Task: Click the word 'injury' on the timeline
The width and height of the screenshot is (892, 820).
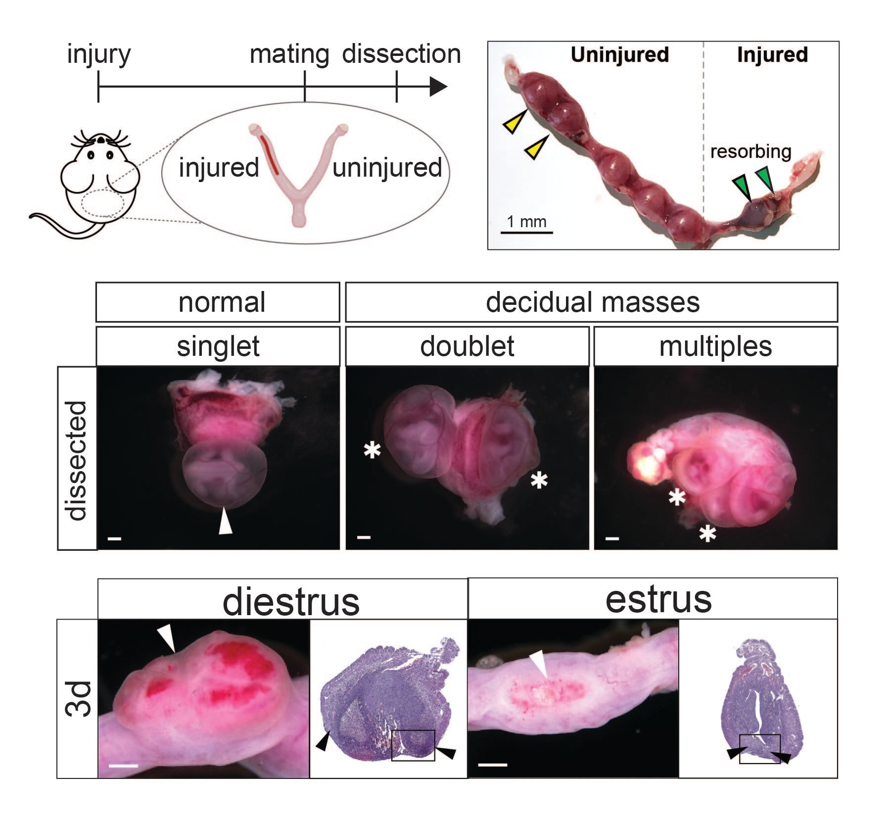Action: (98, 54)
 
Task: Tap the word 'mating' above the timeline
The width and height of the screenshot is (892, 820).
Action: (289, 54)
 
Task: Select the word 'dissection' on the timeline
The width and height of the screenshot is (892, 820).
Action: (401, 54)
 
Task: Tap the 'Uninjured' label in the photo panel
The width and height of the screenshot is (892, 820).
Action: (619, 54)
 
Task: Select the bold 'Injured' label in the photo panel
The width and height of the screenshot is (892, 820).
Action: (772, 54)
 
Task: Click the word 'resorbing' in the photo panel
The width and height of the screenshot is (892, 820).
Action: (751, 151)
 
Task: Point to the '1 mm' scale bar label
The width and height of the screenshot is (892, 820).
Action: (526, 221)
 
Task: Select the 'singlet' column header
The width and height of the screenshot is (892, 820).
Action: (218, 346)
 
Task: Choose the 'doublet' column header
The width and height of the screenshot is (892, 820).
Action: (467, 346)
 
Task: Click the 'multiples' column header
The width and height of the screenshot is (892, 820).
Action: (715, 346)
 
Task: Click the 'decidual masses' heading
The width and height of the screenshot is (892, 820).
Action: (592, 302)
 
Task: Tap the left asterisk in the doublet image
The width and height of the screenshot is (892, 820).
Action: (372, 450)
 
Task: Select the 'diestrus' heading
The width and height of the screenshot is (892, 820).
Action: (291, 602)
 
